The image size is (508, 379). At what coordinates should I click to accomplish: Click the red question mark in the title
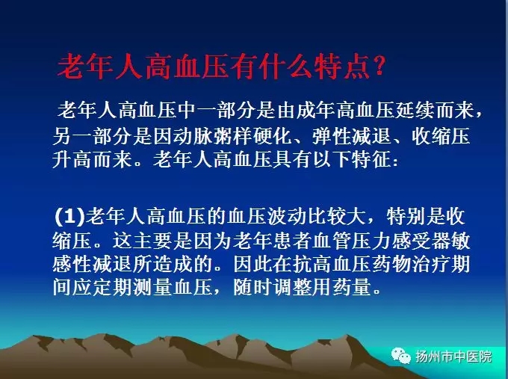(x=379, y=66)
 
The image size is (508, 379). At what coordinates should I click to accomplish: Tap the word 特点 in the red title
(x=342, y=67)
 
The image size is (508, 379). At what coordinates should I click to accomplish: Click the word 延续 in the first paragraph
(x=415, y=110)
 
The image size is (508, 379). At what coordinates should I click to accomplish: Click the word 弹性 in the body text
(x=332, y=135)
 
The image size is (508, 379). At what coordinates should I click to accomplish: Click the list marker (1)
(x=69, y=216)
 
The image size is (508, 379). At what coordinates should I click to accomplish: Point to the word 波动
(x=286, y=216)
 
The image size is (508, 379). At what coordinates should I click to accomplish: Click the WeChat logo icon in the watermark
(x=401, y=356)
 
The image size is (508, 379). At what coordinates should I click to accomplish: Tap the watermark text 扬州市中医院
(x=453, y=357)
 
